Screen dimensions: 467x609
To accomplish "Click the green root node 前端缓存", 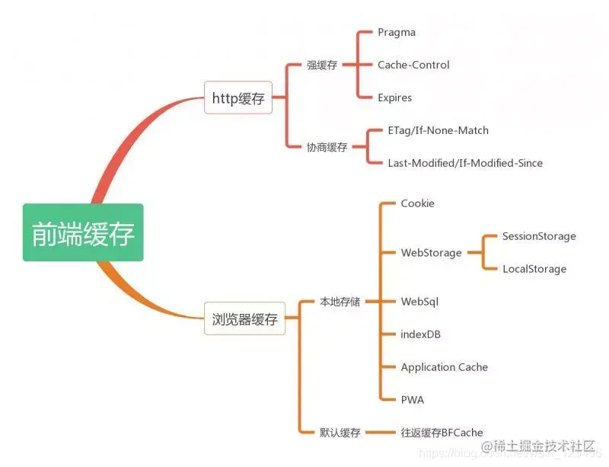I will click(x=83, y=233).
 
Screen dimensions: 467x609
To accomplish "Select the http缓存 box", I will click(x=238, y=98).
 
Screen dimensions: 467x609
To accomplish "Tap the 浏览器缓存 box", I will click(x=244, y=319).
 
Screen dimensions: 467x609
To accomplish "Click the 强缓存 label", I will click(x=322, y=66).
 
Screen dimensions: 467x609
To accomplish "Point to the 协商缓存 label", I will click(x=327, y=147).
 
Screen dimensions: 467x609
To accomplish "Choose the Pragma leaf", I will click(x=397, y=33).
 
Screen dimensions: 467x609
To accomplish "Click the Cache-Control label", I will click(x=413, y=66).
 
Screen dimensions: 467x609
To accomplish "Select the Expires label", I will click(x=394, y=98).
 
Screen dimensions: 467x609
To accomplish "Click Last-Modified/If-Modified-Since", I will click(x=465, y=163).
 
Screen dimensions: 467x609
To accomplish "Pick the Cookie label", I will click(x=418, y=203).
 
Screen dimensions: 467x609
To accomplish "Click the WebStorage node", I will click(x=431, y=253).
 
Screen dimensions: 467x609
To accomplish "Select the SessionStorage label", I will click(x=539, y=236).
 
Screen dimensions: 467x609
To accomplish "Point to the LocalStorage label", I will click(x=534, y=269).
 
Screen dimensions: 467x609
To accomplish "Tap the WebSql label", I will click(x=419, y=302).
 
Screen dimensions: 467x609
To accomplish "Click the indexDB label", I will click(x=421, y=334).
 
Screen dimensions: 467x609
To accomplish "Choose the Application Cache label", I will click(x=445, y=367).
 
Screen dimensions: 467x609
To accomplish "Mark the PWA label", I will click(x=413, y=400).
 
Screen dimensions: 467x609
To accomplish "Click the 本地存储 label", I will click(x=340, y=302).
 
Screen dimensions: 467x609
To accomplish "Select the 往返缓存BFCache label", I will click(x=442, y=433).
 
